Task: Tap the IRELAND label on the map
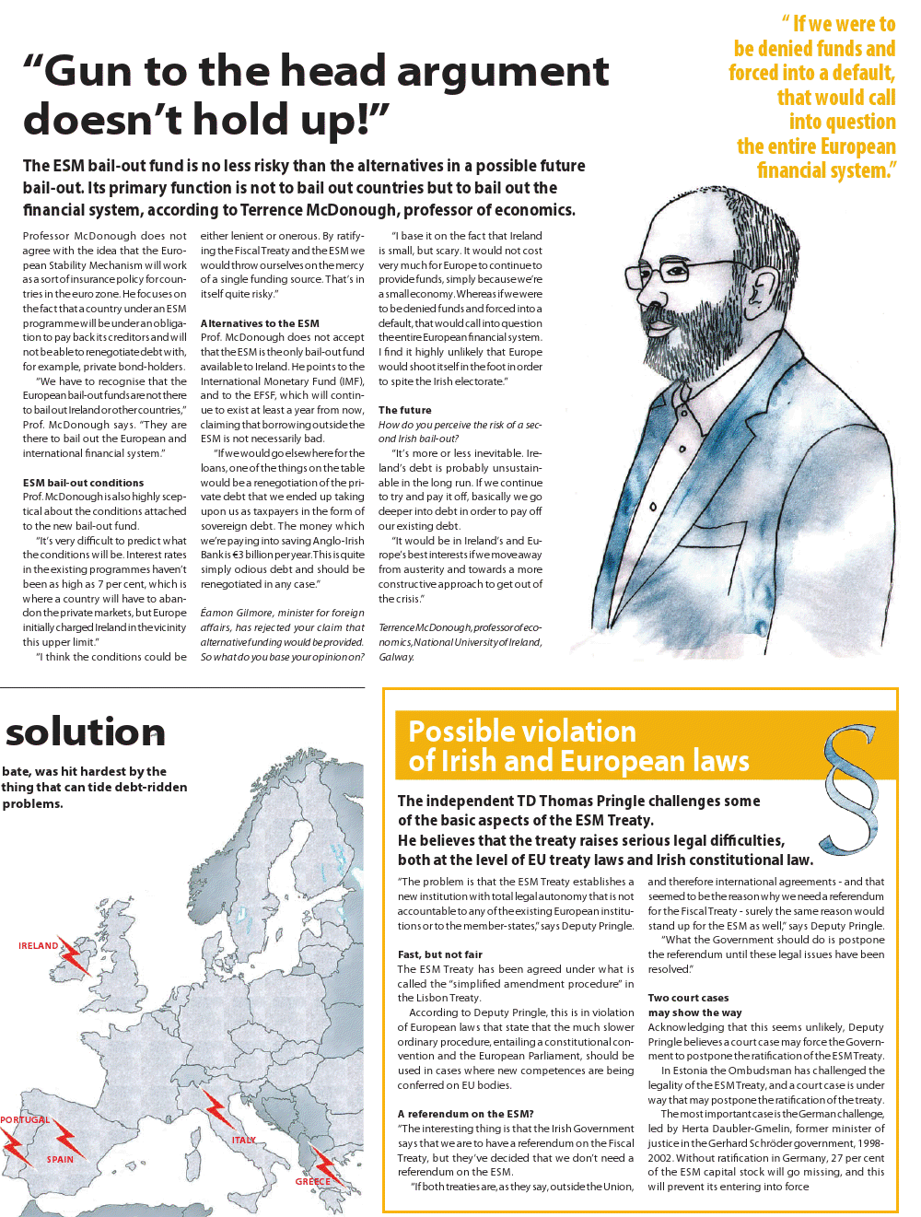pyautogui.click(x=38, y=945)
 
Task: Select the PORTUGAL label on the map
pyautogui.click(x=25, y=1119)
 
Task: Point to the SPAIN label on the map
pyautogui.click(x=60, y=1159)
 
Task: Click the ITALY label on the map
pyautogui.click(x=244, y=1140)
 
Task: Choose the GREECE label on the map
pyautogui.click(x=312, y=1181)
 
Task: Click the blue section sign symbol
pyautogui.click(x=852, y=790)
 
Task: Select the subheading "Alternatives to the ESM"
pyautogui.click(x=260, y=323)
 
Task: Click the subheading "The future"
pyautogui.click(x=404, y=410)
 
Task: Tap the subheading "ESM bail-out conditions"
pyautogui.click(x=83, y=483)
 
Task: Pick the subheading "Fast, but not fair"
pyautogui.click(x=439, y=954)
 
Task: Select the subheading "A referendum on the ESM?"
pyautogui.click(x=465, y=1114)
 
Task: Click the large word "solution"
pyautogui.click(x=86, y=732)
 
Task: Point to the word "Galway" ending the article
pyautogui.click(x=396, y=657)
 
